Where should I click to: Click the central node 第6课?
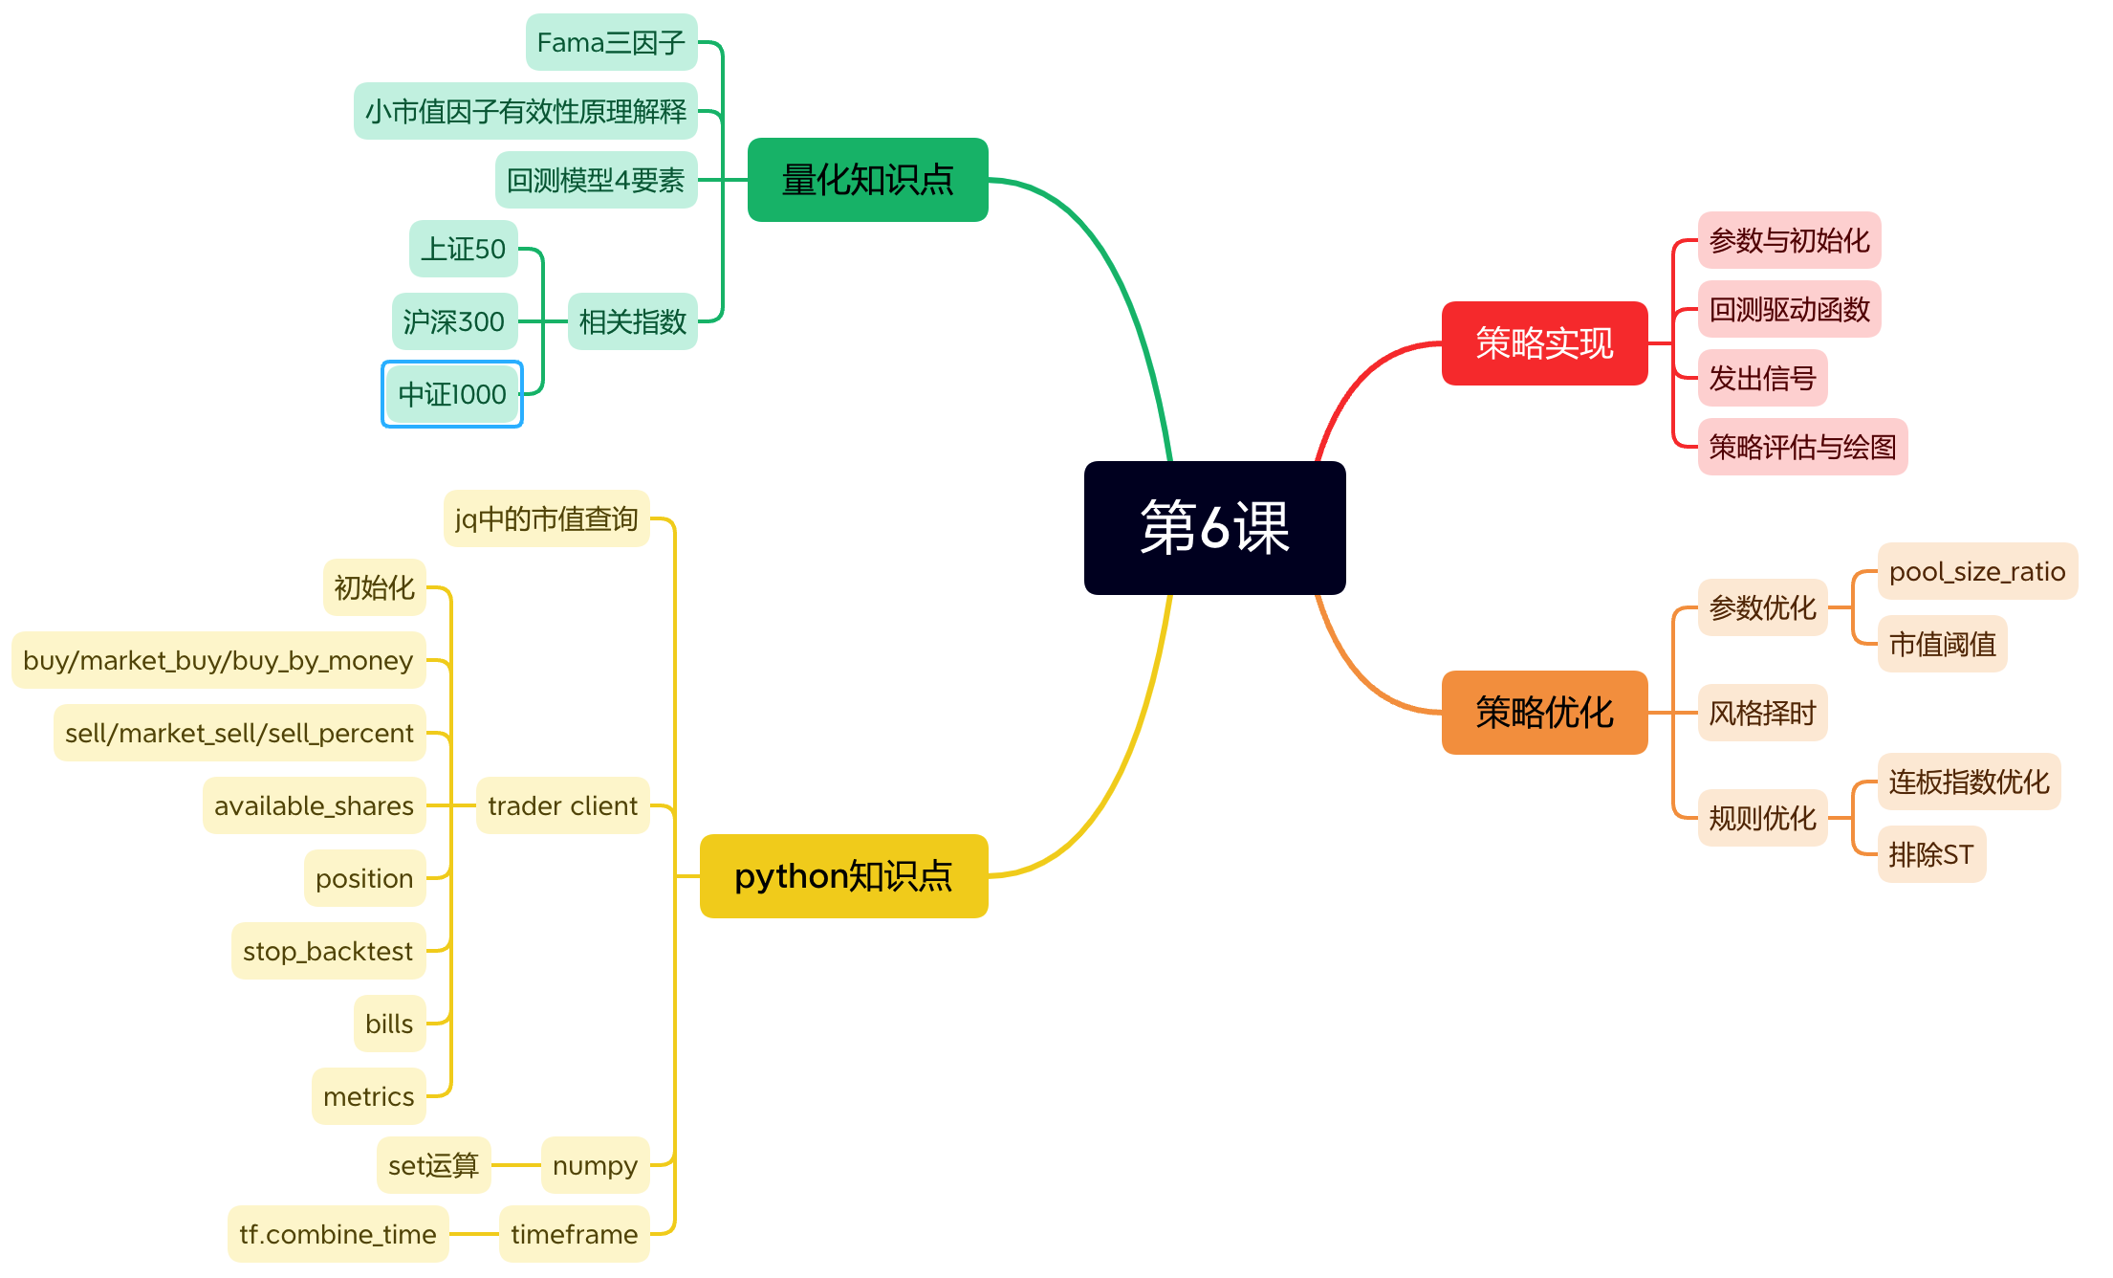pyautogui.click(x=1214, y=527)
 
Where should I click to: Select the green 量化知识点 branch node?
pyautogui.click(x=867, y=180)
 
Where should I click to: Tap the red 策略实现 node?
pyautogui.click(x=1544, y=343)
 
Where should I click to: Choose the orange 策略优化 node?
pyautogui.click(x=1544, y=713)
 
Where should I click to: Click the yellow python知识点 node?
pyautogui.click(x=843, y=876)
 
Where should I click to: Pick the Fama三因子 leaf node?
pyautogui.click(x=611, y=42)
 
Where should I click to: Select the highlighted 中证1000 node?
pyautogui.click(x=452, y=394)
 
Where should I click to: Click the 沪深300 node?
pyautogui.click(x=454, y=321)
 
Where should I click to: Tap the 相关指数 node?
pyautogui.click(x=632, y=321)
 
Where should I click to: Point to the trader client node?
pyautogui.click(x=562, y=805)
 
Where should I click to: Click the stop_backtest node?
pyautogui.click(x=328, y=951)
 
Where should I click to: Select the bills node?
pyautogui.click(x=389, y=1024)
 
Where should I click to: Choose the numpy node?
pyautogui.click(x=595, y=1165)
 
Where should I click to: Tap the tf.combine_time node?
pyautogui.click(x=338, y=1234)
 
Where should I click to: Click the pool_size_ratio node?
pyautogui.click(x=1977, y=571)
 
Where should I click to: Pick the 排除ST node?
pyautogui.click(x=1931, y=854)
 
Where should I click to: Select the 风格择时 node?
pyautogui.click(x=1762, y=713)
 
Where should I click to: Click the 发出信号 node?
pyautogui.click(x=1762, y=378)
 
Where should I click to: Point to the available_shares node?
pyautogui.click(x=314, y=805)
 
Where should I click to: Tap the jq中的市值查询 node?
pyautogui.click(x=546, y=518)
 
